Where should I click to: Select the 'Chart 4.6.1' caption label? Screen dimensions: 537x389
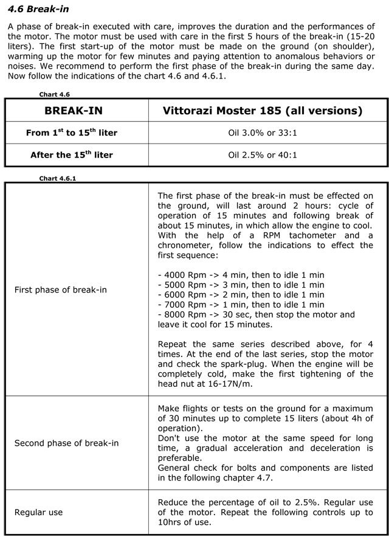click(56, 178)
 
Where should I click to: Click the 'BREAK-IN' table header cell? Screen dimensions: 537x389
click(77, 111)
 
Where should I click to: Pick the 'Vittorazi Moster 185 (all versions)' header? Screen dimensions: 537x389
click(263, 111)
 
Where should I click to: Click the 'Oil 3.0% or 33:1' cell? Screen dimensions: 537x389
click(263, 133)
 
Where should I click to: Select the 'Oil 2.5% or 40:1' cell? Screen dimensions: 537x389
click(263, 154)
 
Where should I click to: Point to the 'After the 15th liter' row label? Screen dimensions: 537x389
click(72, 154)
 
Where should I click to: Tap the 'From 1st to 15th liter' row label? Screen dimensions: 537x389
click(72, 133)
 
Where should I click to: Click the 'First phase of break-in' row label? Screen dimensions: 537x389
click(60, 289)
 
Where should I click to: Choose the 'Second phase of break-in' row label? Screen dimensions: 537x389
click(66, 443)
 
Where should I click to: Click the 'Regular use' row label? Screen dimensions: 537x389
click(38, 513)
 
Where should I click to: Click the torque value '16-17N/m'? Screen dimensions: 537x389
click(239, 383)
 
